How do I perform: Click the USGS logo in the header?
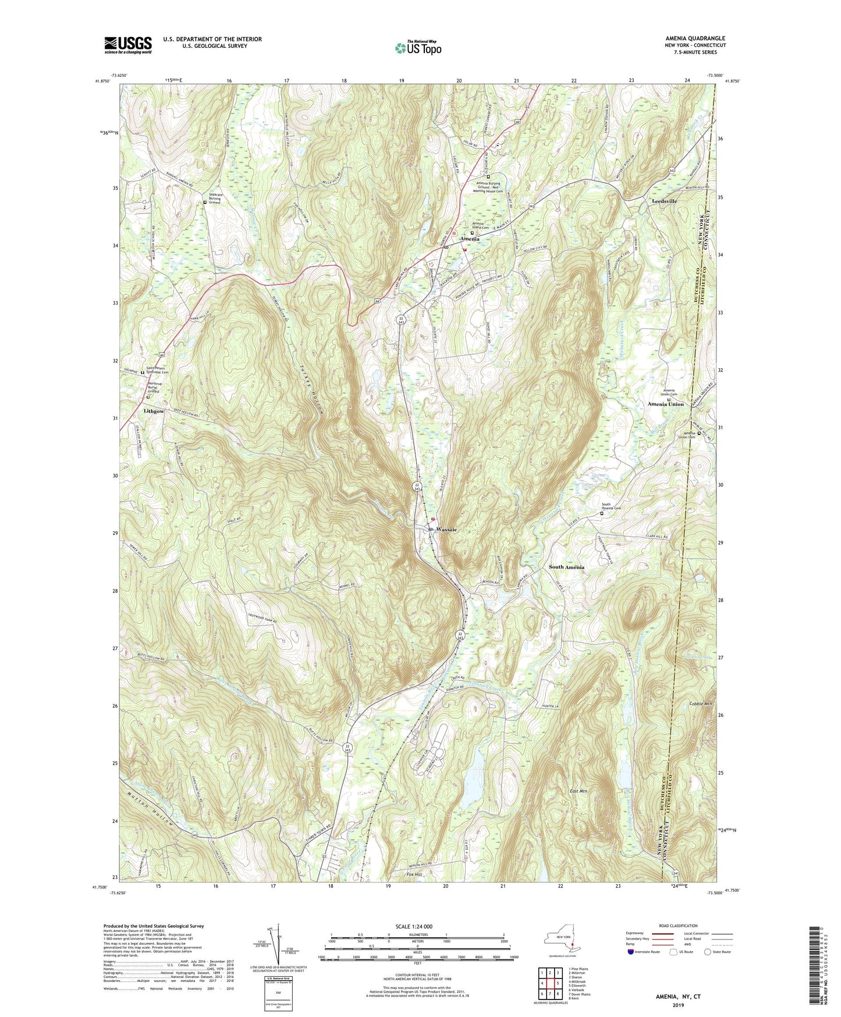[128, 45]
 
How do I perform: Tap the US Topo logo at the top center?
[418, 48]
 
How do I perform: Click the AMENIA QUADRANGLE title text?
[691, 38]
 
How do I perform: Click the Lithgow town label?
[153, 411]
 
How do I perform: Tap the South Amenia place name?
[566, 567]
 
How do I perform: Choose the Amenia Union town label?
[665, 404]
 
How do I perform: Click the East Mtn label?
[579, 791]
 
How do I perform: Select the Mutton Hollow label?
[149, 805]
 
